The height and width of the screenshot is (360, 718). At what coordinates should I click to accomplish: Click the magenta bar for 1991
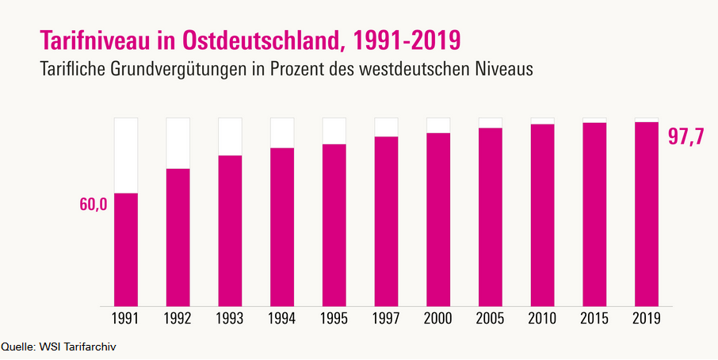tap(126, 249)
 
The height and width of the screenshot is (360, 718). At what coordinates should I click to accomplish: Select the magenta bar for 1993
tap(230, 230)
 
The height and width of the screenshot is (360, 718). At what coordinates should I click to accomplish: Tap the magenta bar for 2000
tap(438, 219)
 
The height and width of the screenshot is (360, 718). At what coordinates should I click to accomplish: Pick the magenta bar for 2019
tap(647, 213)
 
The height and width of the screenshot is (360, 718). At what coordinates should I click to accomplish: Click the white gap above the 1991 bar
tap(126, 155)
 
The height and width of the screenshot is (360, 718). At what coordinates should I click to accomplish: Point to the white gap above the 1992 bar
tap(178, 143)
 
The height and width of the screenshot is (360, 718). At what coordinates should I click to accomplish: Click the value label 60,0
tap(93, 205)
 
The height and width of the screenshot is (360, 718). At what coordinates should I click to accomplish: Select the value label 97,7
tap(686, 136)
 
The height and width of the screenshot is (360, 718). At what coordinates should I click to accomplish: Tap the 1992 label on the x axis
tap(178, 319)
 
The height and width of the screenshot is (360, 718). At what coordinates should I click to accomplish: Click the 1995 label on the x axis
tap(334, 319)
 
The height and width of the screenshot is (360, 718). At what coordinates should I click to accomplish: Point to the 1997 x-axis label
tap(386, 319)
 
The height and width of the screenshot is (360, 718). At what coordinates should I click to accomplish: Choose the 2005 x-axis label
tap(491, 319)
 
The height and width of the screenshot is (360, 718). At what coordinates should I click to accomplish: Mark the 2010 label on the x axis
tap(542, 319)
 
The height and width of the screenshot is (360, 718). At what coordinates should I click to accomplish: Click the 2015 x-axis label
tap(594, 319)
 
